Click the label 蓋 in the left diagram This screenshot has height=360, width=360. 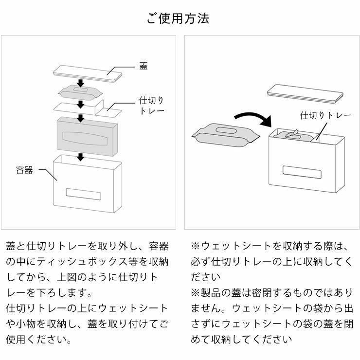[144, 66]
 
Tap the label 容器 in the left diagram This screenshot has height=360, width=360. [24, 170]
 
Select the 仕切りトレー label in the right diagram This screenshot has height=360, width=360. [325, 115]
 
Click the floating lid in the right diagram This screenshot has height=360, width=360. [302, 93]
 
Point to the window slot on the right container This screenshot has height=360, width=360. [302, 173]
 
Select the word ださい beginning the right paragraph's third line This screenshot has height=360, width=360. [206, 277]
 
